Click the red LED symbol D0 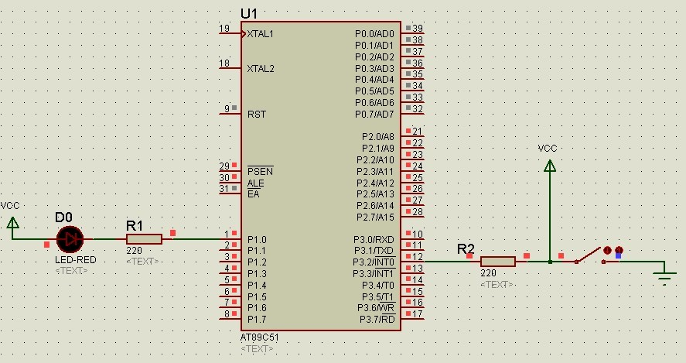tap(70, 239)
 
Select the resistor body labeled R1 tap(144, 239)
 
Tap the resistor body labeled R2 tap(497, 262)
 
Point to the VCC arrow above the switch tap(549, 165)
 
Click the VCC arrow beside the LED tap(12, 222)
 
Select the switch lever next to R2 tap(590, 255)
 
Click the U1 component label tap(250, 14)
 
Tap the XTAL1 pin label tap(261, 34)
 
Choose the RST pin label tap(257, 114)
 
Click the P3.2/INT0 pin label tap(374, 262)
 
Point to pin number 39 tap(418, 29)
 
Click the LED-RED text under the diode tap(75, 260)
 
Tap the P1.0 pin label tap(257, 240)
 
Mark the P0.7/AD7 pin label tap(374, 115)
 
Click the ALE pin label tap(255, 183)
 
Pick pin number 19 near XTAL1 tap(224, 29)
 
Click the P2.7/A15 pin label tap(375, 217)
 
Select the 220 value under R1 tap(134, 251)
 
